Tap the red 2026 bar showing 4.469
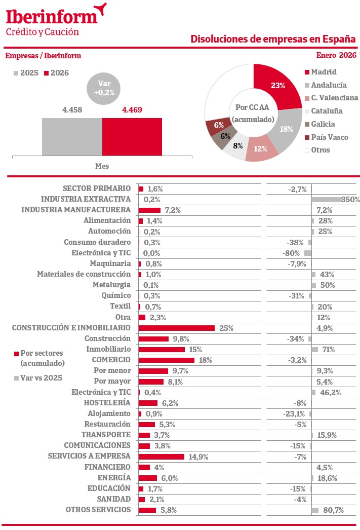coord(132,137)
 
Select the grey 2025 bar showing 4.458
coord(72,137)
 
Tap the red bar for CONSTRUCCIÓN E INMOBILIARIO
coord(176,328)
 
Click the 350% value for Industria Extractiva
coord(350,200)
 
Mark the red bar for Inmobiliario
coord(162,349)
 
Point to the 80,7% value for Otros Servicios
coord(332,510)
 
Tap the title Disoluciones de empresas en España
coord(273,39)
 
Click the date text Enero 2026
coord(336,55)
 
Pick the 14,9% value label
coord(198,457)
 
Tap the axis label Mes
coord(102,166)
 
